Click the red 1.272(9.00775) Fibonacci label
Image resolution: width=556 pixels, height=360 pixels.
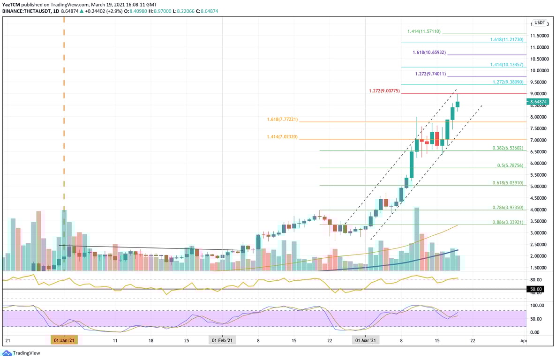tap(383, 90)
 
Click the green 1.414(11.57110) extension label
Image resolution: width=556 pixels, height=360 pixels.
tap(424, 31)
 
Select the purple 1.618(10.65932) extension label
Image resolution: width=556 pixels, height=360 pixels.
tap(430, 52)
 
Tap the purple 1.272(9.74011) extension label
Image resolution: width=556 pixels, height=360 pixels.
tap(430, 74)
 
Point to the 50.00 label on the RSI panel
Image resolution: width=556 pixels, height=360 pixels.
tap(536, 289)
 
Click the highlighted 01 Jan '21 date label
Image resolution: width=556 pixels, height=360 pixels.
tap(64, 340)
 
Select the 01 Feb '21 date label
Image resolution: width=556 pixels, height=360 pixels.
tap(222, 340)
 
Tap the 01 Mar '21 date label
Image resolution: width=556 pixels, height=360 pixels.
tap(365, 340)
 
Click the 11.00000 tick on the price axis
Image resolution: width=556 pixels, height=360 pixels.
tap(540, 47)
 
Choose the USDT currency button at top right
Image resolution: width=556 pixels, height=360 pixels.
tap(540, 22)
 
